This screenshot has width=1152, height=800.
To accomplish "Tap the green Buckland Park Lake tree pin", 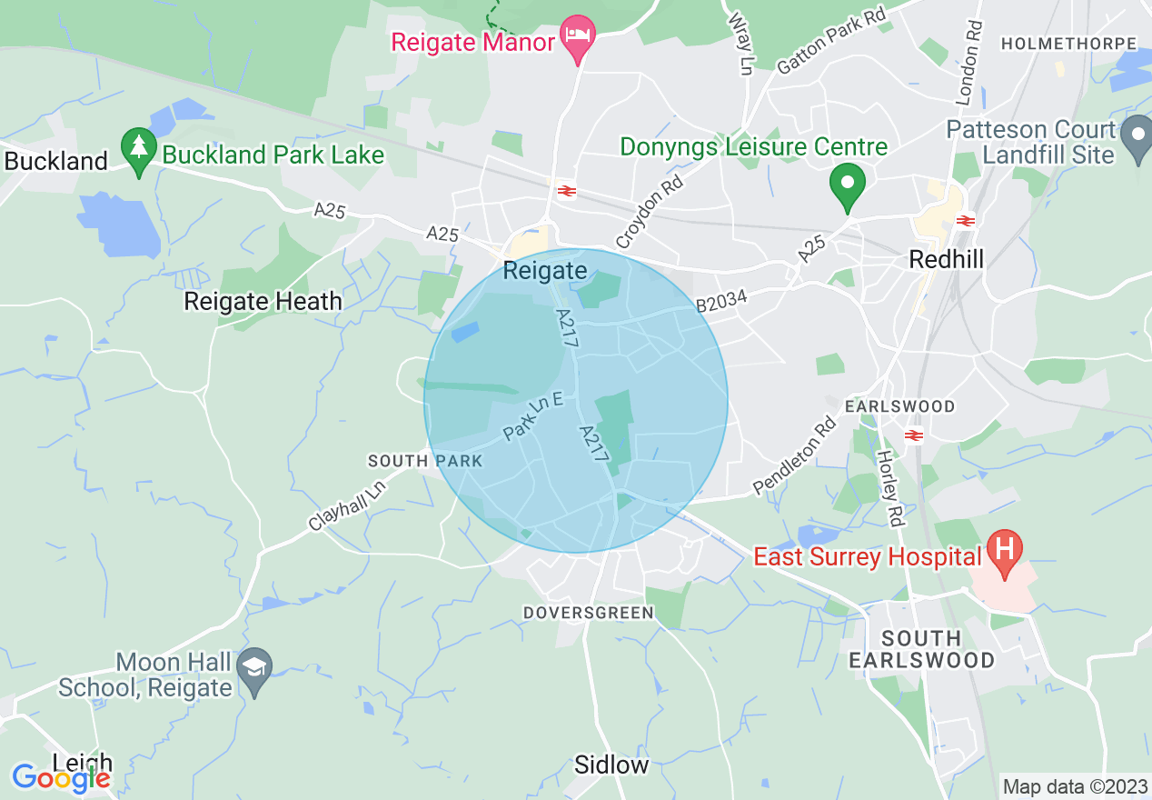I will [138, 150].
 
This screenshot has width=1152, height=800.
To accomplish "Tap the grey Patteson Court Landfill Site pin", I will [1137, 138].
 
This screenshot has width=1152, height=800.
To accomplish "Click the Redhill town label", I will [946, 260].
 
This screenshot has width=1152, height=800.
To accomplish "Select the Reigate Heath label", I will [263, 301].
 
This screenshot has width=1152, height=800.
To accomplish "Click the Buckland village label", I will [55, 162].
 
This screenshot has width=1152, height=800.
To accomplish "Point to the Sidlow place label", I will [611, 765].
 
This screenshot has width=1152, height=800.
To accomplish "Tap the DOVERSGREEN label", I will [588, 613].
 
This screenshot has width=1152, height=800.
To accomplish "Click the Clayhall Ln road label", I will [346, 505].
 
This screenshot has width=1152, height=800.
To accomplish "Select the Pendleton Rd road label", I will [793, 457].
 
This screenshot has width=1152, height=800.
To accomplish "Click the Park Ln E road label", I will [533, 415].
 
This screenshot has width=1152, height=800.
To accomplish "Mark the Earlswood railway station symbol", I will [914, 435].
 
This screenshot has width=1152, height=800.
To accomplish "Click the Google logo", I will [60, 777].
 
